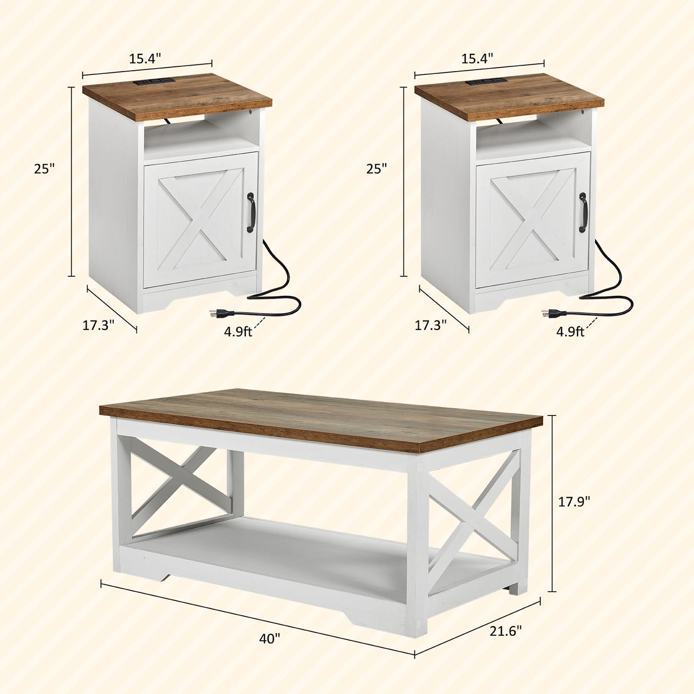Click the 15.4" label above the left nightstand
coord(145,58)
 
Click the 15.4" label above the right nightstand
coord(477,58)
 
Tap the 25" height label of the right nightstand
coord(377,168)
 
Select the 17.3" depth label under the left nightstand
coord(98,325)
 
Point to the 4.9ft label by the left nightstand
coord(238,331)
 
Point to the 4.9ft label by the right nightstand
coord(571,331)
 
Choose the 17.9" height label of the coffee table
coord(574,501)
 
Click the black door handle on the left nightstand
coord(250,212)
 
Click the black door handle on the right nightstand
coord(583,212)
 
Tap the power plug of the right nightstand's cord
coord(548,314)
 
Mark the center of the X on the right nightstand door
coord(532,220)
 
